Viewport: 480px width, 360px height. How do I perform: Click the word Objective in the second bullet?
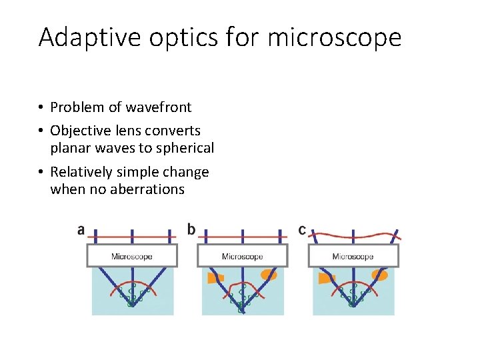click(80, 131)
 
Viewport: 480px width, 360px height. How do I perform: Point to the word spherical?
click(183, 148)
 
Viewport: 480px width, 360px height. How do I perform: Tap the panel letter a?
click(81, 230)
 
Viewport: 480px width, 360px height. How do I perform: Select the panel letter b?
click(191, 230)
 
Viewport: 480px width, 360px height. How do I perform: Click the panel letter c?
click(302, 230)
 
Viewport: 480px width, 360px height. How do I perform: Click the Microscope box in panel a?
click(132, 256)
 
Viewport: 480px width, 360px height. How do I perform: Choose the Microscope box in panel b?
click(243, 256)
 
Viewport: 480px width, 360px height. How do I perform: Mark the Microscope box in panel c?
click(353, 256)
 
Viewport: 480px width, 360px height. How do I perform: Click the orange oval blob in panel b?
click(269, 274)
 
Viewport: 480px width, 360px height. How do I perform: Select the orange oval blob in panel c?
click(380, 275)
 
